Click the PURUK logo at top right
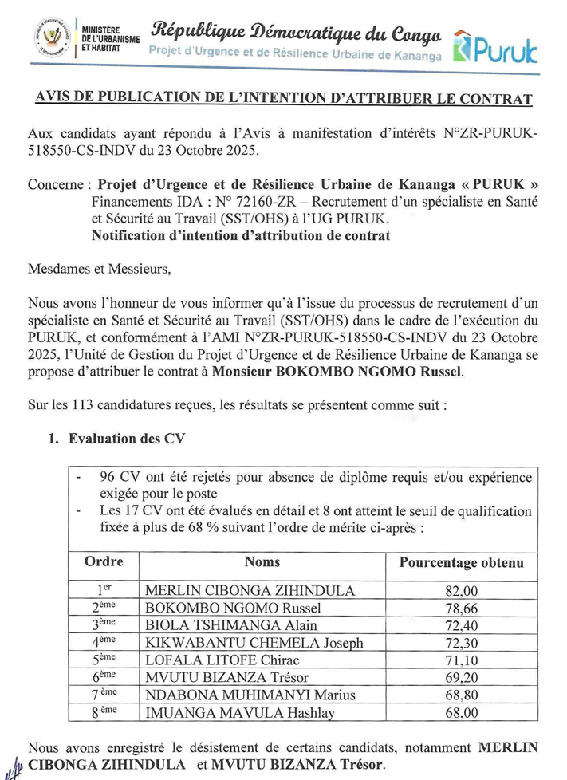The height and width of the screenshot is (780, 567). pyautogui.click(x=495, y=48)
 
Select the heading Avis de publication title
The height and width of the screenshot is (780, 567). pyautogui.click(x=283, y=99)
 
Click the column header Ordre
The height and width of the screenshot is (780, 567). pyautogui.click(x=104, y=562)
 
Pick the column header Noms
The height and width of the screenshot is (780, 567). pyautogui.click(x=262, y=562)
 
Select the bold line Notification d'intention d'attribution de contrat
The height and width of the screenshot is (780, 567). pyautogui.click(x=241, y=235)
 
